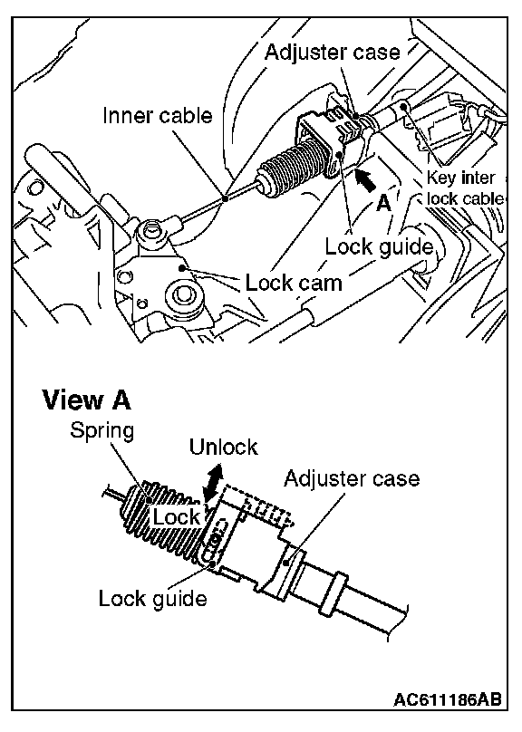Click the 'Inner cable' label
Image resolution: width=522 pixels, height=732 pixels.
pos(158,115)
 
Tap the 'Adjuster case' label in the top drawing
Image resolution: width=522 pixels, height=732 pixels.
pos(333,52)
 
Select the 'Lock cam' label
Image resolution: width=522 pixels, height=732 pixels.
pos(294,283)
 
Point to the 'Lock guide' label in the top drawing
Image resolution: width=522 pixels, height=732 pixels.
pos(379,246)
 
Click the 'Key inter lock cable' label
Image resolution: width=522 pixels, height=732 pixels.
pos(464,188)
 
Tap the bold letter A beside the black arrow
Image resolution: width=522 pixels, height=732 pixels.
pos(383,204)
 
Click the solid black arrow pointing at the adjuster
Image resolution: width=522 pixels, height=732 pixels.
pos(365,180)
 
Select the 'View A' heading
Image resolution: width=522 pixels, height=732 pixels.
pos(87,400)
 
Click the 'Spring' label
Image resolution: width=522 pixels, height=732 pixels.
pos(101,430)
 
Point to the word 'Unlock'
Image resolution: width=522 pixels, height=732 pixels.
pos(223,447)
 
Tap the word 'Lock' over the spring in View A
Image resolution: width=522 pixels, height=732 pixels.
pos(176,516)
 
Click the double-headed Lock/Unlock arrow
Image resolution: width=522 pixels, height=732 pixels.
pos(212,484)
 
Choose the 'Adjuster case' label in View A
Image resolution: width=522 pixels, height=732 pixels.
pos(352,478)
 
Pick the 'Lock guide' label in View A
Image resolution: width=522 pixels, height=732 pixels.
pos(152,598)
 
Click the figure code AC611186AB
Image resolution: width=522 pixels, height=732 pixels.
pos(448,699)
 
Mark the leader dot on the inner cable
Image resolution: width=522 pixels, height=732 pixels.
pos(226,198)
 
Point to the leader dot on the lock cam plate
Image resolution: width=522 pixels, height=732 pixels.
pos(183,268)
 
